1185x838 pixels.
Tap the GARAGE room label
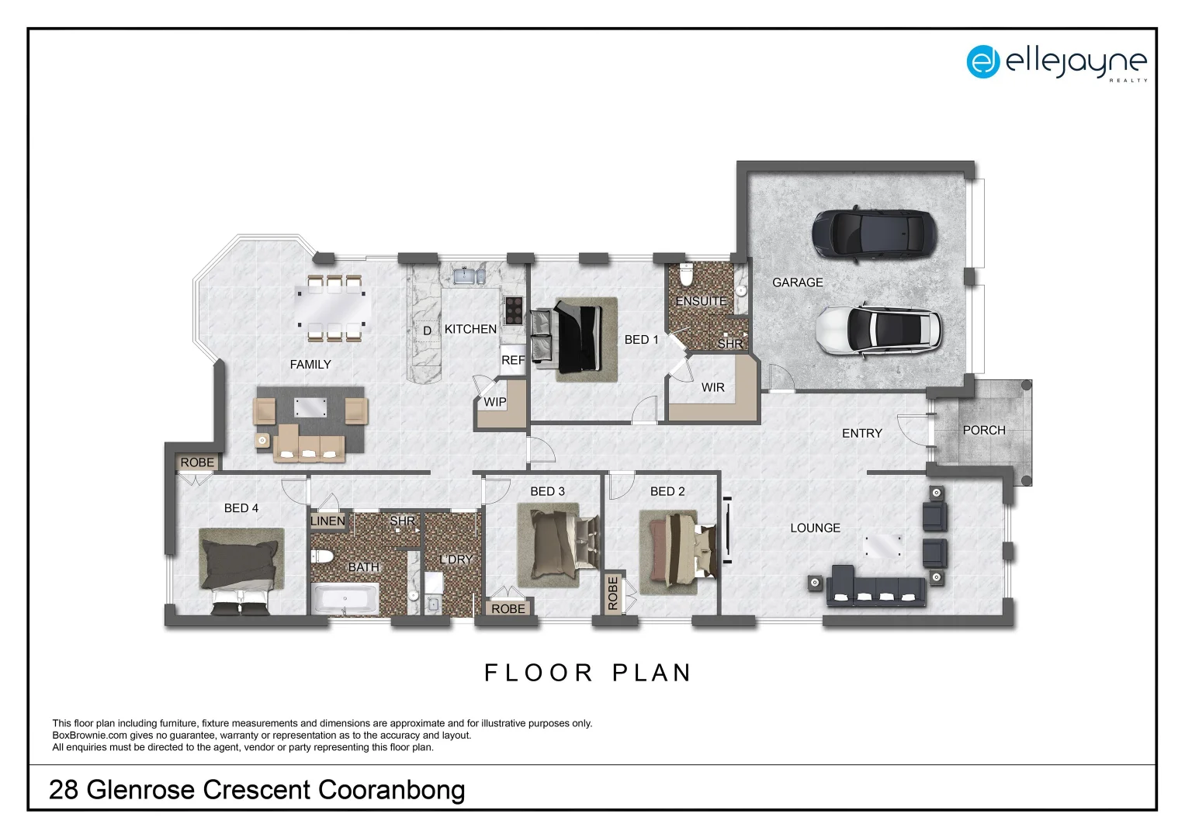click(797, 282)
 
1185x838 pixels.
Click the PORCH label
click(983, 430)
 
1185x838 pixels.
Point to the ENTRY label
click(861, 434)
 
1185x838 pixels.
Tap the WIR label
click(712, 387)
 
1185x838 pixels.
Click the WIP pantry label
click(494, 402)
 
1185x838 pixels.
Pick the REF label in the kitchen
click(512, 360)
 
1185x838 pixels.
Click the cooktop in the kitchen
click(513, 310)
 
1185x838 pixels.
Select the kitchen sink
click(466, 275)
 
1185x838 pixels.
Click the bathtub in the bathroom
click(345, 598)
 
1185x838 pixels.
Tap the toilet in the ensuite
click(686, 275)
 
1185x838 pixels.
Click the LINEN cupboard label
click(327, 521)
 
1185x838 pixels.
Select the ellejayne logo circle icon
click(982, 61)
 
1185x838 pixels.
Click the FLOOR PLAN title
click(587, 673)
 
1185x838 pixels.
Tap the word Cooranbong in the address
click(391, 790)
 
